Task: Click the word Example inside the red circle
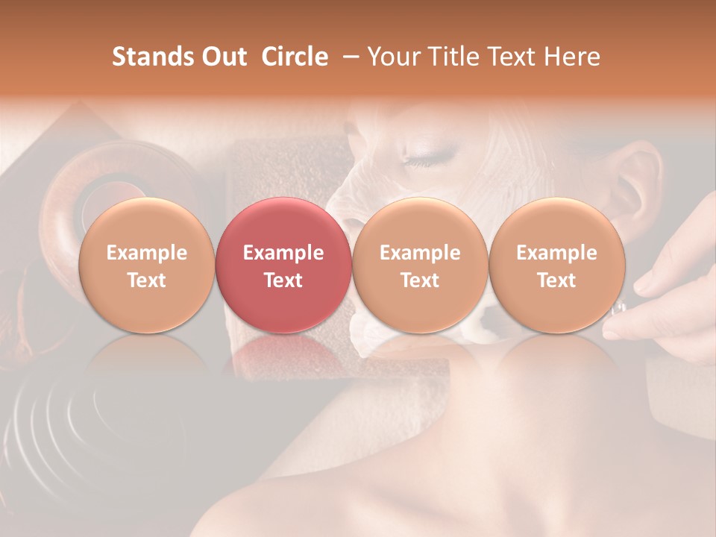coord(283,253)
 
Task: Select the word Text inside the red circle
coord(283,280)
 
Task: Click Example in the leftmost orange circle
coord(147,253)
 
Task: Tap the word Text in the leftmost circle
coord(147,280)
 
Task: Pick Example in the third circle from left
coord(420,253)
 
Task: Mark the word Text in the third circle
coord(420,280)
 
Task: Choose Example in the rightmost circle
coord(556,253)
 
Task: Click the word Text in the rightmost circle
coord(556,280)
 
